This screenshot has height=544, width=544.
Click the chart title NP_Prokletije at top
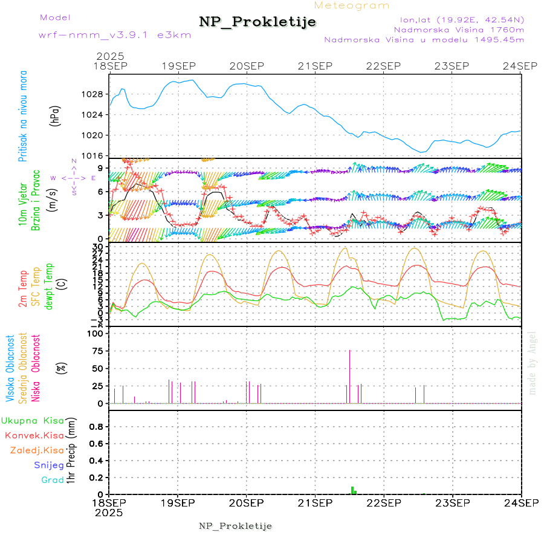257,22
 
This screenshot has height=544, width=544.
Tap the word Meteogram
352,5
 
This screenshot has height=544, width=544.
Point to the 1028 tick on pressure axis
92,95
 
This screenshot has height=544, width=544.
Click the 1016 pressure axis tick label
92,155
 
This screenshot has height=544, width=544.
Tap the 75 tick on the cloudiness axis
97,351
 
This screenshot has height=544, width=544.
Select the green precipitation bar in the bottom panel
352,490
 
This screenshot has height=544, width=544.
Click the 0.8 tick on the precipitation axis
94,427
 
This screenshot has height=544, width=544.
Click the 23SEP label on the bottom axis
453,502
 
